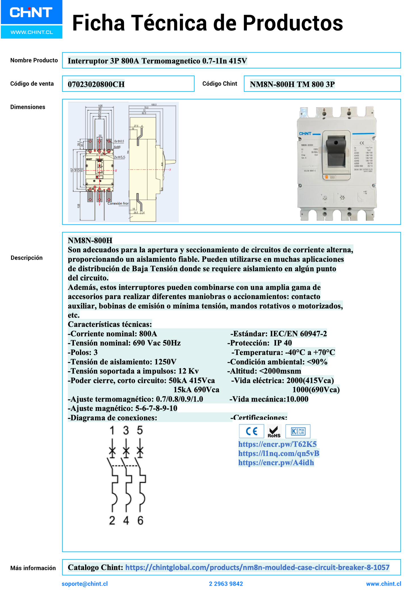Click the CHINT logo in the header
tap(31, 12)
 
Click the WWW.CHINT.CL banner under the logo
tap(32, 32)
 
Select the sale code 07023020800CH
tap(96, 84)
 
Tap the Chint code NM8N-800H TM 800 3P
tap(292, 84)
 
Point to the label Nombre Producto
tap(34, 60)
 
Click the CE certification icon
tap(251, 431)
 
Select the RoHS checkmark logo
tap(274, 431)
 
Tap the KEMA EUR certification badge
tap(298, 431)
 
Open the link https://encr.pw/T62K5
tap(277, 444)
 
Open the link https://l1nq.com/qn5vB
tap(279, 453)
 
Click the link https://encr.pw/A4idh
tap(276, 463)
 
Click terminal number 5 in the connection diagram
tap(140, 430)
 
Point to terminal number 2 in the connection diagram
tap(112, 520)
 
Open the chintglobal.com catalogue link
tap(257, 567)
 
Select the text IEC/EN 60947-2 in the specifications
tap(298, 333)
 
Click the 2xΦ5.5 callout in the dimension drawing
tap(119, 157)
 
